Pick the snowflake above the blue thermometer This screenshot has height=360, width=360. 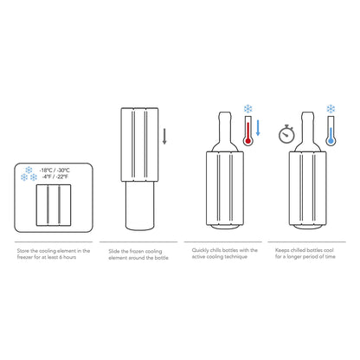pyautogui.click(x=330, y=109)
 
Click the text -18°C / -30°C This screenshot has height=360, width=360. pyautogui.click(x=56, y=169)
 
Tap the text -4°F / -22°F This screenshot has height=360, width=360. pyautogui.click(x=55, y=177)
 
